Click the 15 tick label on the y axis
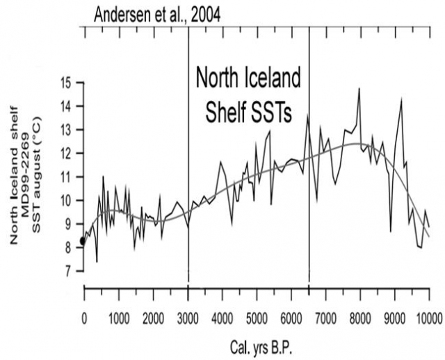pyautogui.click(x=67, y=82)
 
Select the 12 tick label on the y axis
pyautogui.click(x=67, y=153)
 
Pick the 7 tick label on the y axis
pyautogui.click(x=70, y=271)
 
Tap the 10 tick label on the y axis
pyautogui.click(x=67, y=200)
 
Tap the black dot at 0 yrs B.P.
pyautogui.click(x=83, y=240)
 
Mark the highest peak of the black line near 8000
pyautogui.click(x=359, y=89)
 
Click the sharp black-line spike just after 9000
pyautogui.click(x=401, y=99)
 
